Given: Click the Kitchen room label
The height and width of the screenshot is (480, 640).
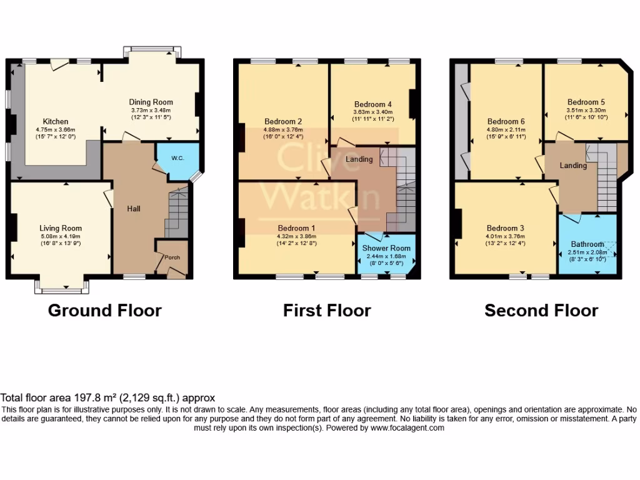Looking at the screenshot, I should pyautogui.click(x=56, y=121).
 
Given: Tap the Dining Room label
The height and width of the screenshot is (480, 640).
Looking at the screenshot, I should pyautogui.click(x=151, y=102).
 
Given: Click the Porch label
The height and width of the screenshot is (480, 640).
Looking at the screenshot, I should pyautogui.click(x=172, y=257).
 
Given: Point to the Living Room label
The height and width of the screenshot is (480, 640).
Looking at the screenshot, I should pyautogui.click(x=61, y=228).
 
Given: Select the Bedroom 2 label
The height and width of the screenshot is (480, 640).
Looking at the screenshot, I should pyautogui.click(x=283, y=121).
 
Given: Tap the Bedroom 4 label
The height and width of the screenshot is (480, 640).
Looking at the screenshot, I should pyautogui.click(x=373, y=104).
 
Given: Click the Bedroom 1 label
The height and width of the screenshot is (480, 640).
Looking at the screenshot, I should pyautogui.click(x=297, y=228).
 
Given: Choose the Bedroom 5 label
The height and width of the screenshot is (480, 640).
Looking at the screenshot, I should pyautogui.click(x=586, y=102).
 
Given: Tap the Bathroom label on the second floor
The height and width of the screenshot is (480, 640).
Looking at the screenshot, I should pyautogui.click(x=587, y=244).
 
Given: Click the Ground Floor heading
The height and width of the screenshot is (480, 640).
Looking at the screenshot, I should pyautogui.click(x=105, y=310).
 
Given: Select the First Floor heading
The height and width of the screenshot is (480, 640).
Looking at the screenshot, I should pyautogui.click(x=327, y=310).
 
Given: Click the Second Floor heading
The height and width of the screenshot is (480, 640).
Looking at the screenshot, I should pyautogui.click(x=541, y=310).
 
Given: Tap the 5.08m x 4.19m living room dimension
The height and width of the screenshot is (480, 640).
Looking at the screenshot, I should pyautogui.click(x=61, y=236).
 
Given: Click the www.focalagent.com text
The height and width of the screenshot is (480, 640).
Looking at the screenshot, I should pyautogui.click(x=407, y=428).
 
